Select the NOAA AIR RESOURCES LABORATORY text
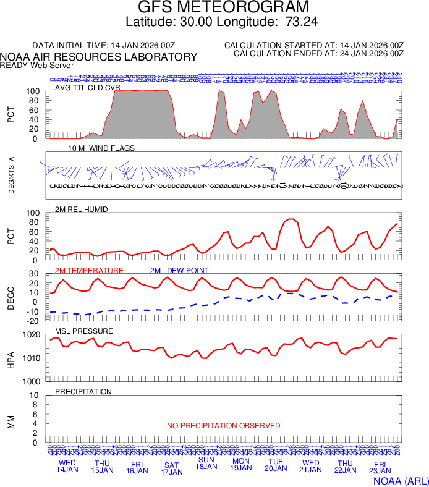(x=99, y=57)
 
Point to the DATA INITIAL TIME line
(x=104, y=46)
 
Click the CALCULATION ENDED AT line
(x=318, y=54)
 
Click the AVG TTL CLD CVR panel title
(x=88, y=88)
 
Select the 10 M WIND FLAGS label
(x=102, y=148)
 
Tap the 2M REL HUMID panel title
(x=82, y=210)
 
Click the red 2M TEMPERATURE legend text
(x=89, y=271)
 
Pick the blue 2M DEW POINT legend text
(x=179, y=271)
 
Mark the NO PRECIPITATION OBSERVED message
(x=223, y=426)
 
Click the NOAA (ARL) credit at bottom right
(x=400, y=480)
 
